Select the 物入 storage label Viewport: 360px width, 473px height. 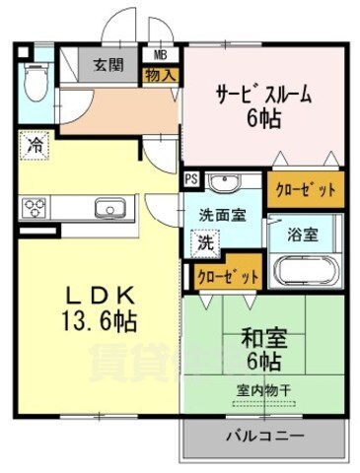point(160,74)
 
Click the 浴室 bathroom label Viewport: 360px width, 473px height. point(302,235)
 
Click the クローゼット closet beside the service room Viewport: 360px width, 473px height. point(306,188)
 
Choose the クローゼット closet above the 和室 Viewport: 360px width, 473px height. point(227,277)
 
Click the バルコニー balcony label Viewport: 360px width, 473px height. point(263,435)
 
